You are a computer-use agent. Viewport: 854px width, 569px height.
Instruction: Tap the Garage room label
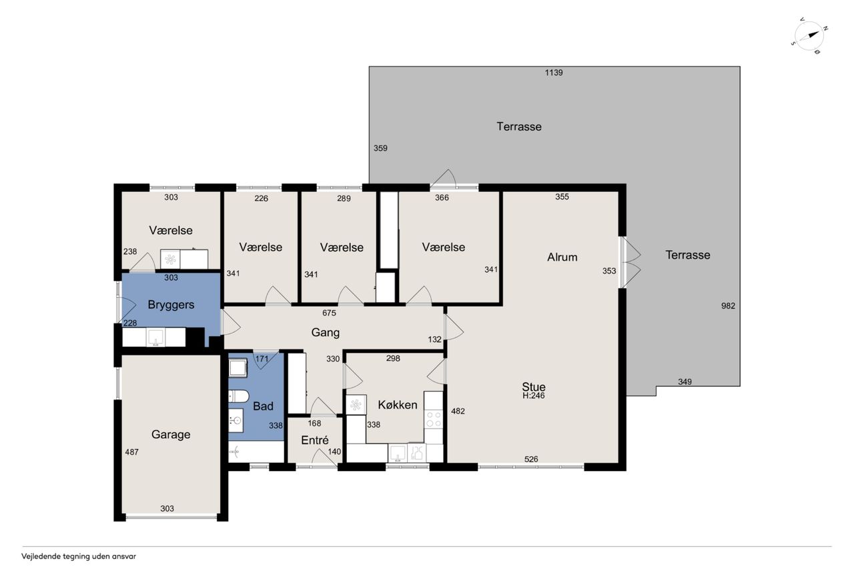[170, 434]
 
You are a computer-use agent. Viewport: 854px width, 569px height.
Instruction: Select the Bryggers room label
[171, 305]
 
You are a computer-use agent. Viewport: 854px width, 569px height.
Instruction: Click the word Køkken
[397, 405]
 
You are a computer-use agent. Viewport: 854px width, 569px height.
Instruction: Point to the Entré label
[314, 440]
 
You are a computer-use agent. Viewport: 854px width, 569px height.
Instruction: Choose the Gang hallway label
[325, 333]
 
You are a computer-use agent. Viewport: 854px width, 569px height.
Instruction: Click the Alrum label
[562, 257]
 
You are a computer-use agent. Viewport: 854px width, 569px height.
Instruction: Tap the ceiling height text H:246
[533, 396]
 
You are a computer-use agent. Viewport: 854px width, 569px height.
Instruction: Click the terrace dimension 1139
[554, 73]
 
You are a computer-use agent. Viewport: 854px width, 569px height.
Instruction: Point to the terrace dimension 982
[728, 306]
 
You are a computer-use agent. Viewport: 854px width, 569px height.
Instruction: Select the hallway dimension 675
[329, 313]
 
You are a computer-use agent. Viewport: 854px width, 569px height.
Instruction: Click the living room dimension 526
[531, 459]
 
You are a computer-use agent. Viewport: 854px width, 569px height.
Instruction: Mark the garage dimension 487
[131, 452]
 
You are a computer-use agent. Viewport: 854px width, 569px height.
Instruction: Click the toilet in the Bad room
[238, 396]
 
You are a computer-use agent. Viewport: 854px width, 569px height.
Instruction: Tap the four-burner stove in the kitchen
[434, 419]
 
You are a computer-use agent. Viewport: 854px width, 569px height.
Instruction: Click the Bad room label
[263, 406]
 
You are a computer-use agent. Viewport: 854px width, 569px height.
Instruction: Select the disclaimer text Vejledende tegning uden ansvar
[79, 556]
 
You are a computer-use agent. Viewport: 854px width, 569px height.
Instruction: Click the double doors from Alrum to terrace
[630, 262]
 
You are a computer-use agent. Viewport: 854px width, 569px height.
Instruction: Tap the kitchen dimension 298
[393, 358]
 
